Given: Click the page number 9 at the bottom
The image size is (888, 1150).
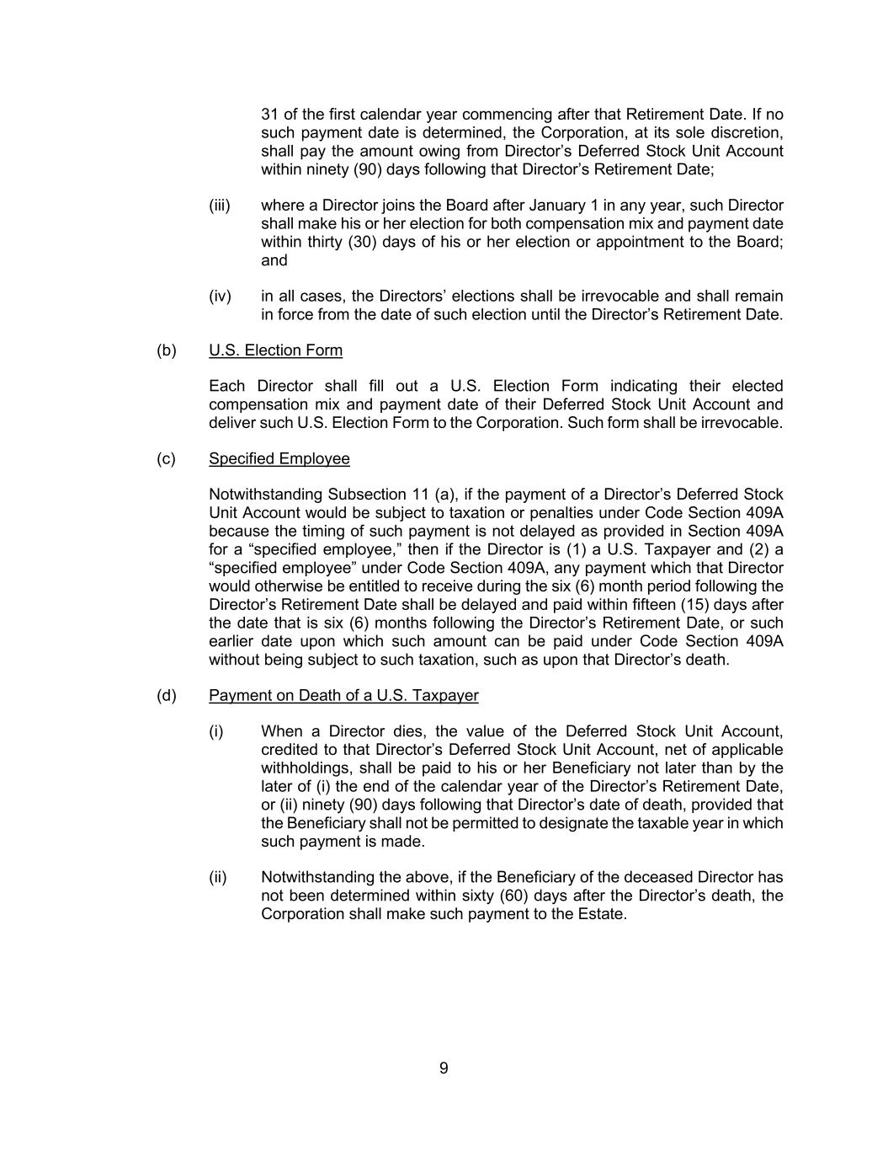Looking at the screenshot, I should point(444,1068).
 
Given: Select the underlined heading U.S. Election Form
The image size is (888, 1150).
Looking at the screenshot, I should point(275,350).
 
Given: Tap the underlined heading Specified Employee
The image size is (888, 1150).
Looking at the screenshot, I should point(279,459).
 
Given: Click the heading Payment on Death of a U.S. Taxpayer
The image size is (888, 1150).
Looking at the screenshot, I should point(343,696).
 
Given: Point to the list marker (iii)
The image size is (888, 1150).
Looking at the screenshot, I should point(219,206).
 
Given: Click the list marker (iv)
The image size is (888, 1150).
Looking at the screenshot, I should point(220,297).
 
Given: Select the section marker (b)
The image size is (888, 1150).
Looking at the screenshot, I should point(166,350).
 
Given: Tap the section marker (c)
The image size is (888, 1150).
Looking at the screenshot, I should point(166,459).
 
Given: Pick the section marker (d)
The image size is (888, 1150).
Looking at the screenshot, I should point(166,696).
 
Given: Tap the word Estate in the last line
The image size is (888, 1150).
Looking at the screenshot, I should point(602,914).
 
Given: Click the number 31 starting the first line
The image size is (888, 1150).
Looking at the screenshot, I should point(269,115).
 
